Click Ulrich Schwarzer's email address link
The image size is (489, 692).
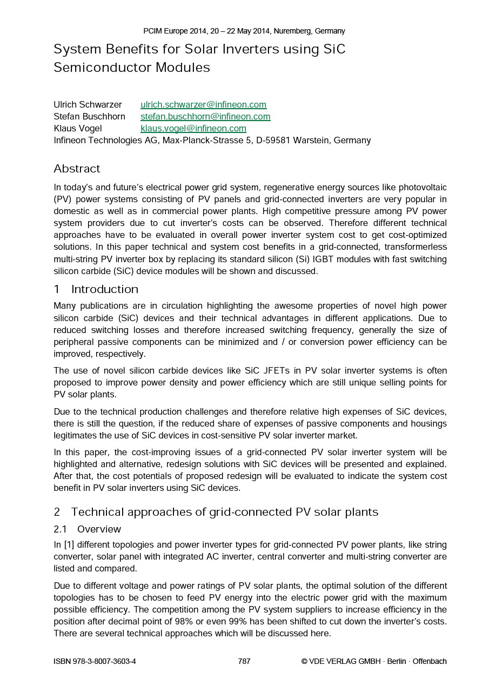pyautogui.click(x=203, y=104)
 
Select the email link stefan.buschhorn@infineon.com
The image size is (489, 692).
pyautogui.click(x=205, y=116)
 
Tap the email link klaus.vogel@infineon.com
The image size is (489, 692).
pyautogui.click(x=193, y=128)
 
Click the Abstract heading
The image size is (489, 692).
pyautogui.click(x=77, y=169)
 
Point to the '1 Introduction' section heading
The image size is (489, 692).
pyautogui.click(x=96, y=289)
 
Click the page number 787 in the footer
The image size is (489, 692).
pyautogui.click(x=244, y=661)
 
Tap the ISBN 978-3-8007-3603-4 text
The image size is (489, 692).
pyautogui.click(x=95, y=661)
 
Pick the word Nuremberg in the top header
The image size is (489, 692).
pyautogui.click(x=292, y=31)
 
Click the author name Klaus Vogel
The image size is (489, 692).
pyautogui.click(x=77, y=128)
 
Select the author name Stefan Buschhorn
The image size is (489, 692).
pyautogui.click(x=89, y=116)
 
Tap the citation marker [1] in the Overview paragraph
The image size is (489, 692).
pyautogui.click(x=68, y=545)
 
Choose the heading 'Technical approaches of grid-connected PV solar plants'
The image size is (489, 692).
pyautogui.click(x=225, y=512)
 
